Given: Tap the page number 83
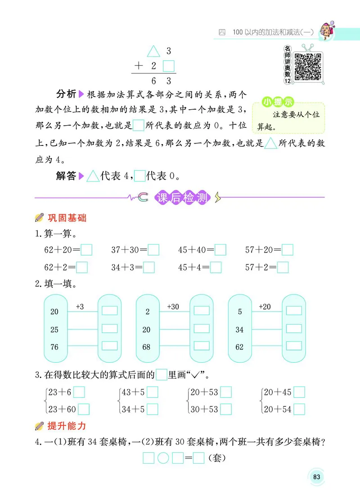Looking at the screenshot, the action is point(316,477).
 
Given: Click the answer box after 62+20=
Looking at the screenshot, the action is point(86,249).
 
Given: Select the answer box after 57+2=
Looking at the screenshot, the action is point(283,268).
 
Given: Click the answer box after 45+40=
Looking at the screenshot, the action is point(220,249).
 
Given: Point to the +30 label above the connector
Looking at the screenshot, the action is point(173,307).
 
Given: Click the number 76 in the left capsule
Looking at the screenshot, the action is point(54,347).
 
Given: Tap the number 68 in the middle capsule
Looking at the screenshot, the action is point(146,347).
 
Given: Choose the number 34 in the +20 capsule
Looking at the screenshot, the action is point(239,329).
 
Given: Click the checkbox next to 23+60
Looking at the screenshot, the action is point(84,409).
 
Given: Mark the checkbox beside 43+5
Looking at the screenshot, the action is point(153,393).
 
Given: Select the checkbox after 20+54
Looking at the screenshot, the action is point(299,409).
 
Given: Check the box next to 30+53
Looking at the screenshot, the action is point(226,409).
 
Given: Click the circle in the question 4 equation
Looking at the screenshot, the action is point(163,459).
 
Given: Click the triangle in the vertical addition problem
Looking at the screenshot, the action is point(154,51).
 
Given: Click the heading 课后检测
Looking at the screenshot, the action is point(182,198).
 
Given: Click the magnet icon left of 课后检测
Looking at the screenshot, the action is point(143,197).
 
